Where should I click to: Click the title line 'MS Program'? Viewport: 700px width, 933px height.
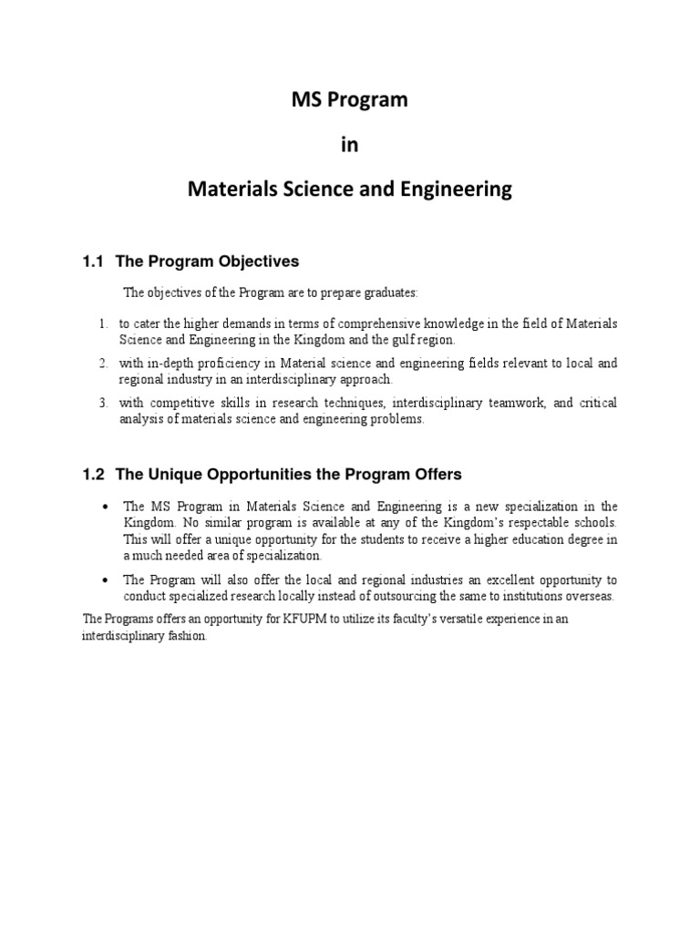350,100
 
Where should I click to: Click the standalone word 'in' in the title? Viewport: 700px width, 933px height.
350,145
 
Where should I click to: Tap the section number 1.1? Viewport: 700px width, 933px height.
94,261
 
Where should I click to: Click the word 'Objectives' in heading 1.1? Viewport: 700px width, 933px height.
252,261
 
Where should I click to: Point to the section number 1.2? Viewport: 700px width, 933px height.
94,475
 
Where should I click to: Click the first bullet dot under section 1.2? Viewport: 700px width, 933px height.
108,507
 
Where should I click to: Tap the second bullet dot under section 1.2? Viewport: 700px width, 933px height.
108,580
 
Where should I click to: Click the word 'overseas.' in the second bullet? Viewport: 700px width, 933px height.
589,597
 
